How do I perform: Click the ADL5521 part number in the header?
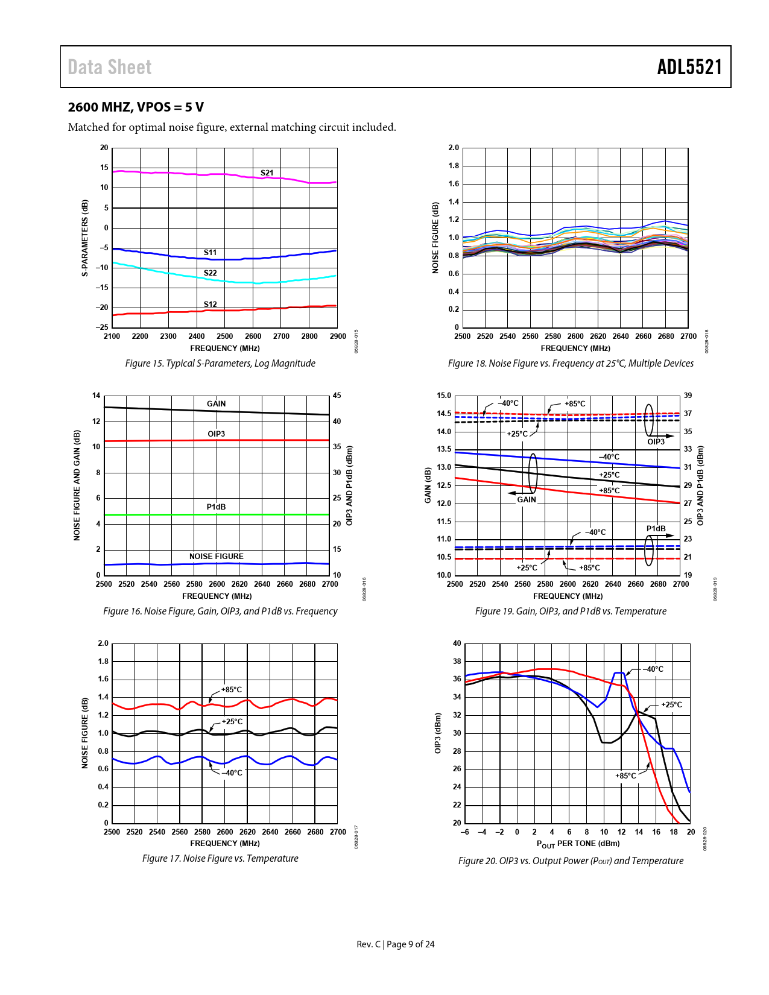[689, 67]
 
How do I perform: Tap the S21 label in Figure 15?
[267, 173]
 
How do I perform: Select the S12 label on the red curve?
[210, 305]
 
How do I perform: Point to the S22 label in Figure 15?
[210, 273]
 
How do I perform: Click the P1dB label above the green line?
[216, 507]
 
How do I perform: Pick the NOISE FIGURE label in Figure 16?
[216, 557]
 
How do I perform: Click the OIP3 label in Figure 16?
[216, 434]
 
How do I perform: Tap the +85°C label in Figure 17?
[232, 690]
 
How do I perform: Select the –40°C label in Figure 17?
[232, 773]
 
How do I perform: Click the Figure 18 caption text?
[571, 364]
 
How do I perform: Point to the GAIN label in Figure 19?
[527, 500]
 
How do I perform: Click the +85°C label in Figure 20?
[625, 776]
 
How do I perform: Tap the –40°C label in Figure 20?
[653, 669]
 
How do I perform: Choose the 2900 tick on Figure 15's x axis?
[338, 336]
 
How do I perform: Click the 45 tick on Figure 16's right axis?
[337, 396]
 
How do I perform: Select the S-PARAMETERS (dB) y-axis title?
[85, 238]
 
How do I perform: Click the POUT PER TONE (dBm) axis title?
[578, 844]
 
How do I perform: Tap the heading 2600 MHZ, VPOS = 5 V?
[136, 107]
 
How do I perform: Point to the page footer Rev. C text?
[369, 944]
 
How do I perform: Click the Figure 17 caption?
[220, 859]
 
